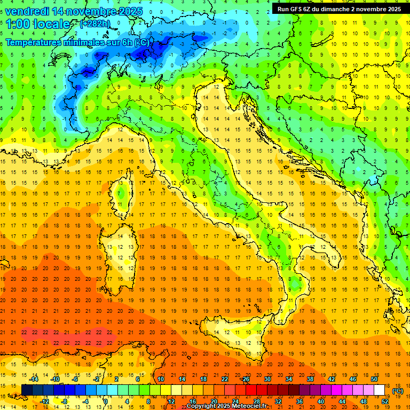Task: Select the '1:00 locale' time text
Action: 38,24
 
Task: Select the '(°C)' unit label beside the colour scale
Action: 398,391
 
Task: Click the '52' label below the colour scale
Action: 385,401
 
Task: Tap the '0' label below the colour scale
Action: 106,401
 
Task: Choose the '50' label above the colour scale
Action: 374,379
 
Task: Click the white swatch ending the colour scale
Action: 379,390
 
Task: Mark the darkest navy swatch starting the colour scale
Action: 27,390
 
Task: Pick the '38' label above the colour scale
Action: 310,379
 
